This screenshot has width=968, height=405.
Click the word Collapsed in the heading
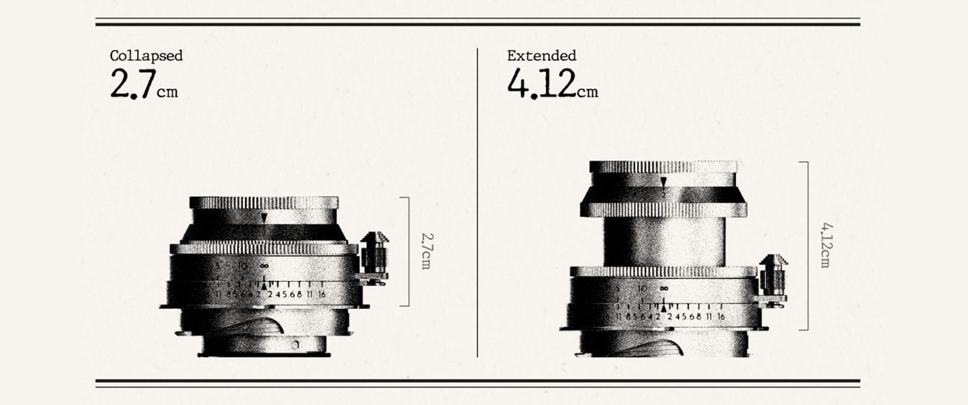pos(146,56)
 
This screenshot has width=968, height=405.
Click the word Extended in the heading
pos(541,56)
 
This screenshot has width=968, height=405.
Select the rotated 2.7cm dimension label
pos(426,251)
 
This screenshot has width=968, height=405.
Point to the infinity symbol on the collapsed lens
pos(264,266)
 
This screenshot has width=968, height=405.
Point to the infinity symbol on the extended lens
pos(664,288)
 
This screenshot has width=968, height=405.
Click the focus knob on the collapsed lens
pos(374,254)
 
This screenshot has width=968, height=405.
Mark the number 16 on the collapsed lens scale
pos(321,294)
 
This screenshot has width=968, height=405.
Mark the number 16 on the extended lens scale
pos(721,316)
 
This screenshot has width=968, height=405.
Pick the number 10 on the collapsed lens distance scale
pos(243,266)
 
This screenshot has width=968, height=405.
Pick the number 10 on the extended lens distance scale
pos(642,288)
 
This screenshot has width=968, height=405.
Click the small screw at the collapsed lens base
pos(295,345)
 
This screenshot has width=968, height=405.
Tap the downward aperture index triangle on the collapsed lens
pos(264,218)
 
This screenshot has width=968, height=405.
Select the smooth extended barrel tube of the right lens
pos(664,242)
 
